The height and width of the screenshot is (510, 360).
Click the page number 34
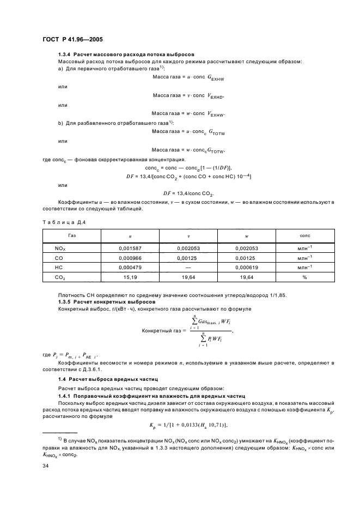pyautogui.click(x=46, y=465)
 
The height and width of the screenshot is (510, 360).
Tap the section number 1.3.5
pyautogui.click(x=65, y=301)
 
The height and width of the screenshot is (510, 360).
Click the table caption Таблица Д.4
pyautogui.click(x=64, y=222)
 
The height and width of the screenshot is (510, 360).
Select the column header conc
pyautogui.click(x=305, y=235)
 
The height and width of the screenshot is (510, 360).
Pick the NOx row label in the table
pyautogui.click(x=60, y=248)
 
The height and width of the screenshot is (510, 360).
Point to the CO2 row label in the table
pyautogui.click(x=60, y=277)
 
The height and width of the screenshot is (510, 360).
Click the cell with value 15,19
pyautogui.click(x=130, y=277)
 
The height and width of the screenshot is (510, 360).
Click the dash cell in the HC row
pyautogui.click(x=188, y=268)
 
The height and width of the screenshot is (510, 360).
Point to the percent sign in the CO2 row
pyautogui.click(x=305, y=277)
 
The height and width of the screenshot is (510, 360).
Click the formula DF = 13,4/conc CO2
pyautogui.click(x=188, y=193)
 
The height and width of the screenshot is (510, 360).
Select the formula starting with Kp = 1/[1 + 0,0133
pyautogui.click(x=188, y=425)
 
